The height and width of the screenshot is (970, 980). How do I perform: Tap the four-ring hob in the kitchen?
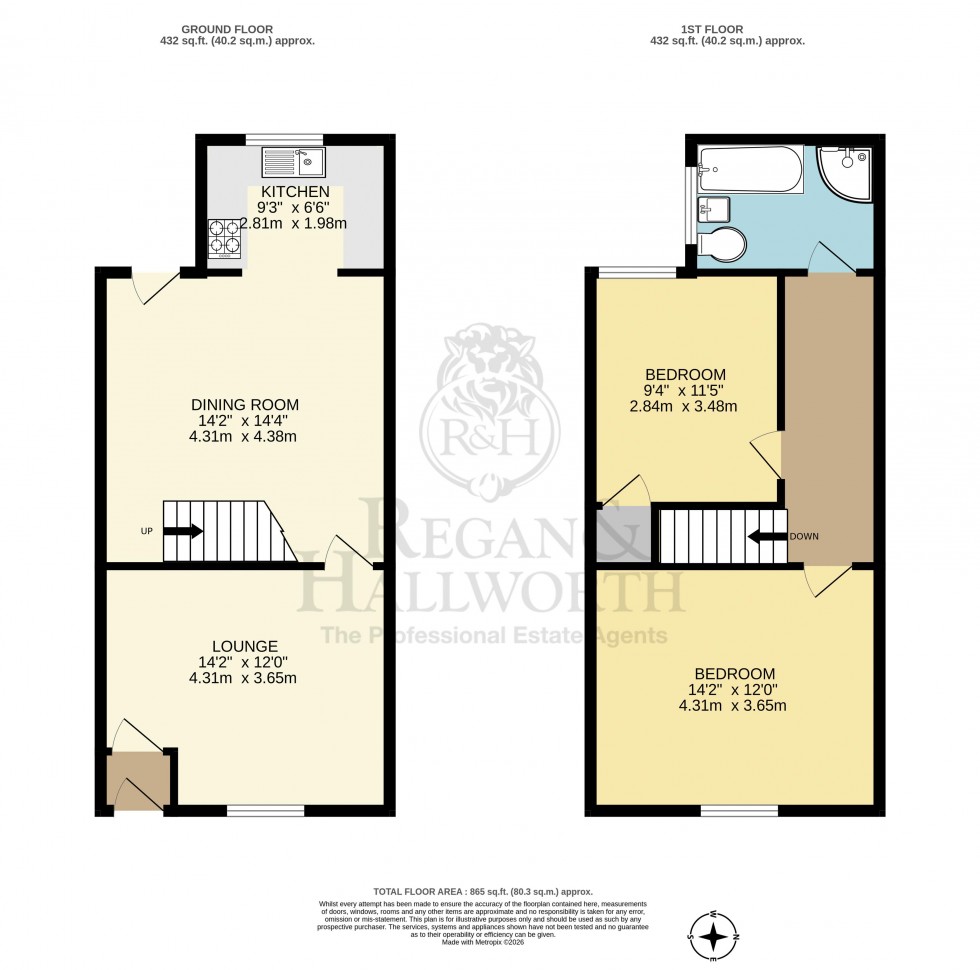(224, 239)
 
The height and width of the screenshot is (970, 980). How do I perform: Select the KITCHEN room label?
(294, 191)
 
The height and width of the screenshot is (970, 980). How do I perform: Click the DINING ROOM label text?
(245, 404)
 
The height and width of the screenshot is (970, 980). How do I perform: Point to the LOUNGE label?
(244, 647)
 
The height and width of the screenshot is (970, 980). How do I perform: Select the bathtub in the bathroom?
(750, 169)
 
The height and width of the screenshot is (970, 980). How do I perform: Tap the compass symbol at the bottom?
(714, 936)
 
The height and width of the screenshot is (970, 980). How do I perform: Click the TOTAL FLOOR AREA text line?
(483, 891)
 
